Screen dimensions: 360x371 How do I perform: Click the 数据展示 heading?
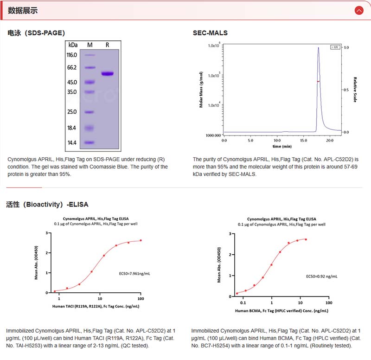[23, 11]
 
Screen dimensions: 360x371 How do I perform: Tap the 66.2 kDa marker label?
[72, 67]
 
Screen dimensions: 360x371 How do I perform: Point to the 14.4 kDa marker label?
[72, 143]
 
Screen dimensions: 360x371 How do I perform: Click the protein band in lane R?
[108, 73]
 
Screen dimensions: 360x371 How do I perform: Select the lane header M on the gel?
[90, 45]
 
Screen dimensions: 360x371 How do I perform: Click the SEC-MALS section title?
[210, 33]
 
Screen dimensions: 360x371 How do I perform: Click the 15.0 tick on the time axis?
[303, 140]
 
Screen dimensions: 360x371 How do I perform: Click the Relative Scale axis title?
[355, 90]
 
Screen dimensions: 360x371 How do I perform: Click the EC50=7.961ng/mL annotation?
[134, 274]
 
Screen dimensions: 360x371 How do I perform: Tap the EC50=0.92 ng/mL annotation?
[321, 276]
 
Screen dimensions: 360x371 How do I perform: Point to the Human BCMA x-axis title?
[282, 310]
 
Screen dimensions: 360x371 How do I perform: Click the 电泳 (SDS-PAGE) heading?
[36, 33]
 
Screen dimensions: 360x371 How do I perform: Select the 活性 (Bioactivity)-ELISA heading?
[47, 204]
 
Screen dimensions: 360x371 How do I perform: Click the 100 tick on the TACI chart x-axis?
[141, 298]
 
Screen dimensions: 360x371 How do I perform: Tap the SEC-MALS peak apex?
[319, 47]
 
